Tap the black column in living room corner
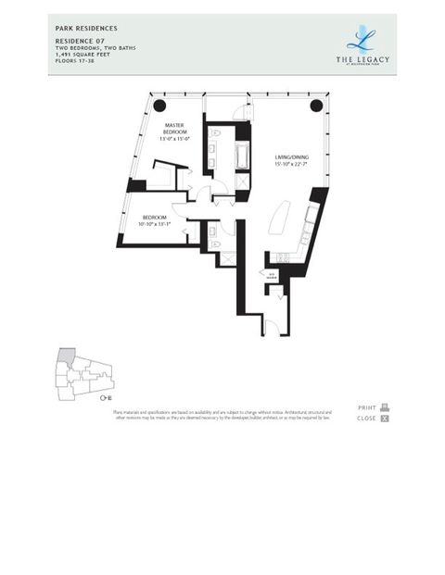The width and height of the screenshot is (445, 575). tap(316, 105)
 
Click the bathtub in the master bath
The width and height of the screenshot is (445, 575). tap(243, 155)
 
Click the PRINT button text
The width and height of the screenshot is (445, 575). tap(366, 407)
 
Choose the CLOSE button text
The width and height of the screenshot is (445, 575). tap(366, 419)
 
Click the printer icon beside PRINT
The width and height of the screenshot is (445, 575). tap(385, 407)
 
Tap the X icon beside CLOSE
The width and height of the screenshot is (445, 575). tap(385, 419)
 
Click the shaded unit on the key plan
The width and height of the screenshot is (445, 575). tap(66, 356)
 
